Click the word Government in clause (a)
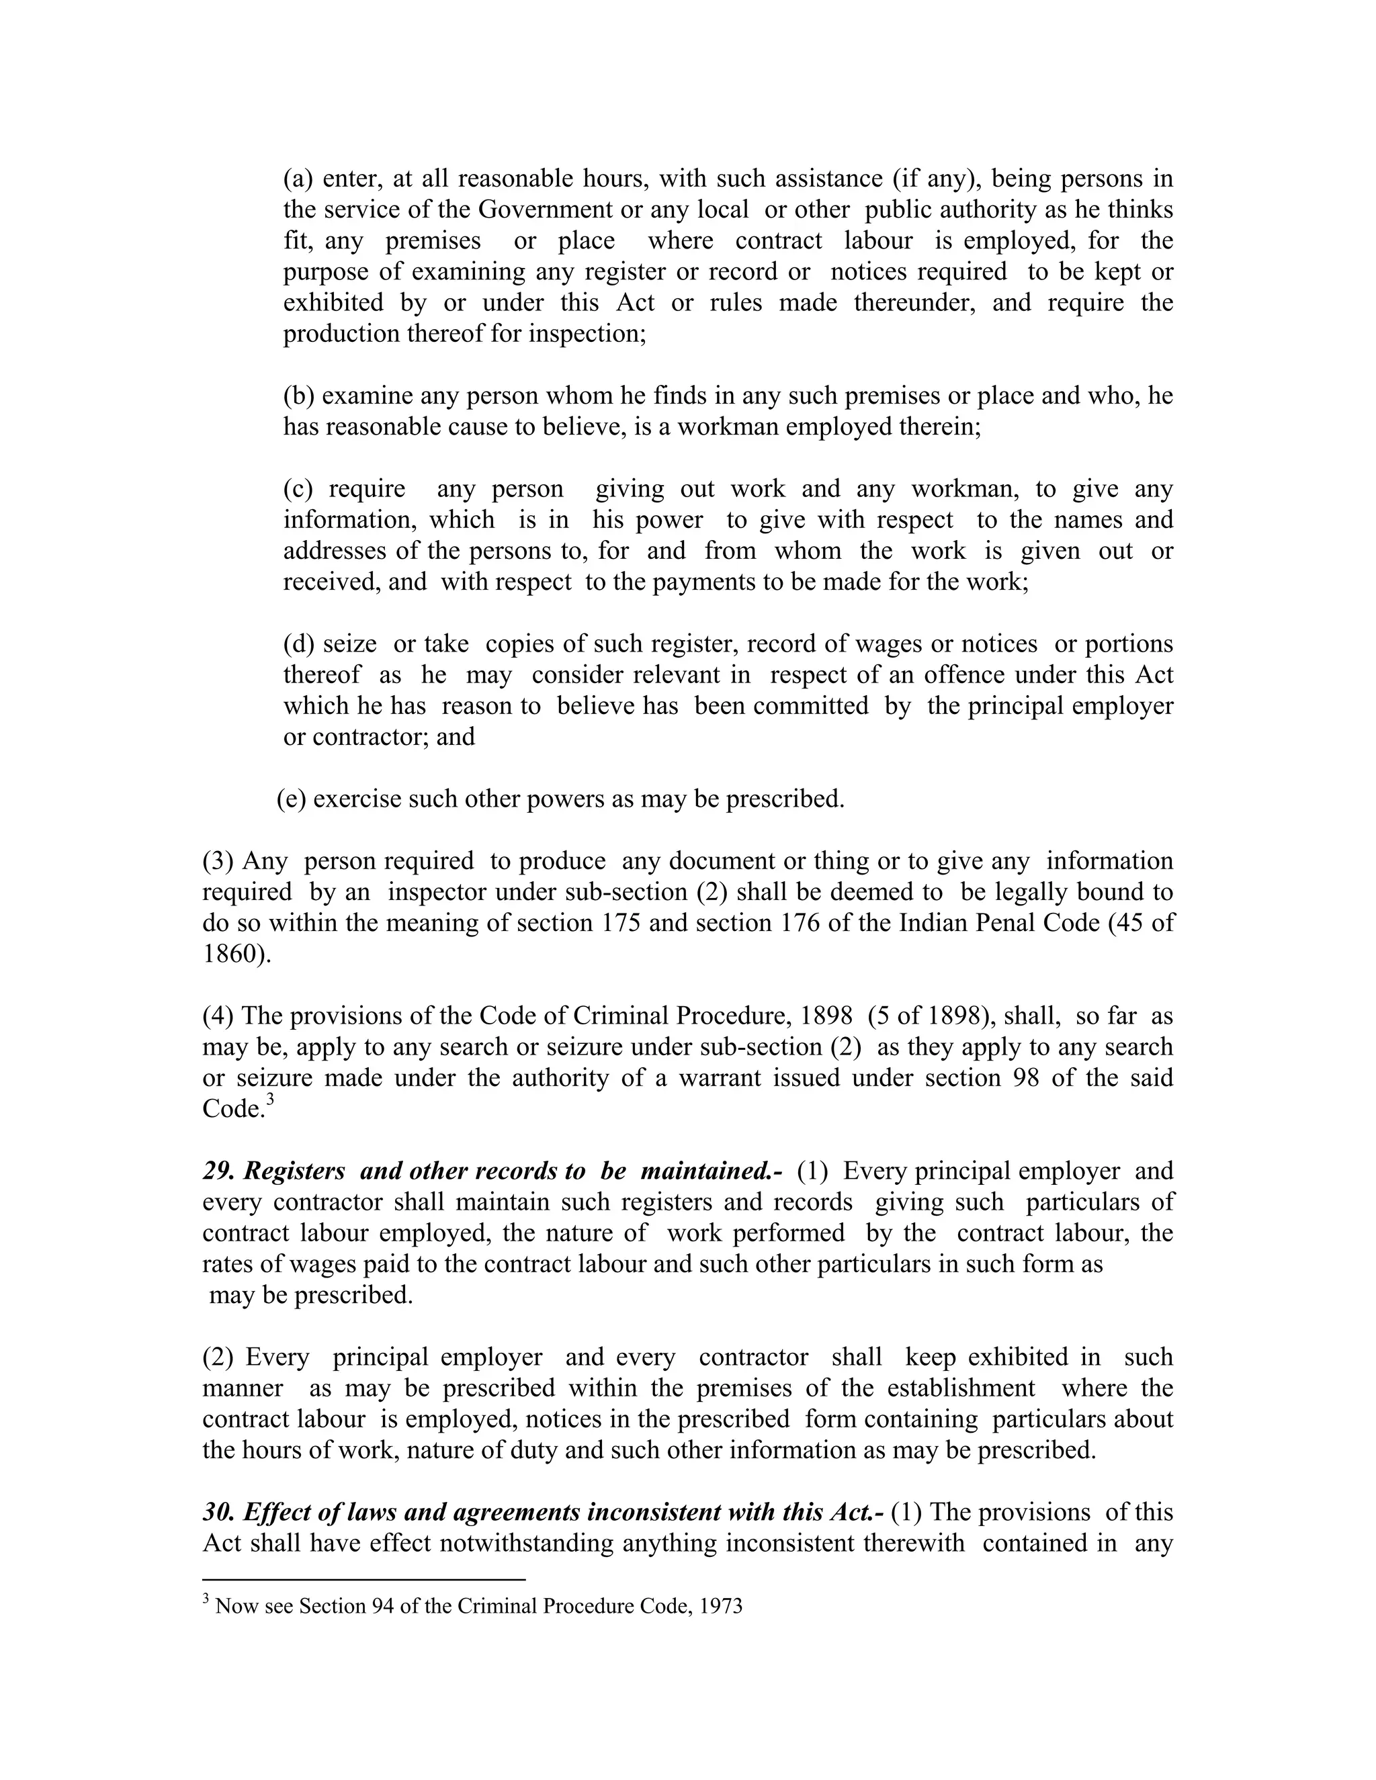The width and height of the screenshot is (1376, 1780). coord(544,210)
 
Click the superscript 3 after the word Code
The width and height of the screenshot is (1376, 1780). coord(271,1100)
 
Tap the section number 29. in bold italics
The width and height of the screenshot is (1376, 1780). coord(218,1171)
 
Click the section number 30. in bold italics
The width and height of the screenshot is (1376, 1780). coord(218,1512)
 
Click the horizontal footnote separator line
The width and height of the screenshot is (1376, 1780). coord(363,1580)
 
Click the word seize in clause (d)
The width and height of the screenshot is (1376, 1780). coord(349,644)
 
